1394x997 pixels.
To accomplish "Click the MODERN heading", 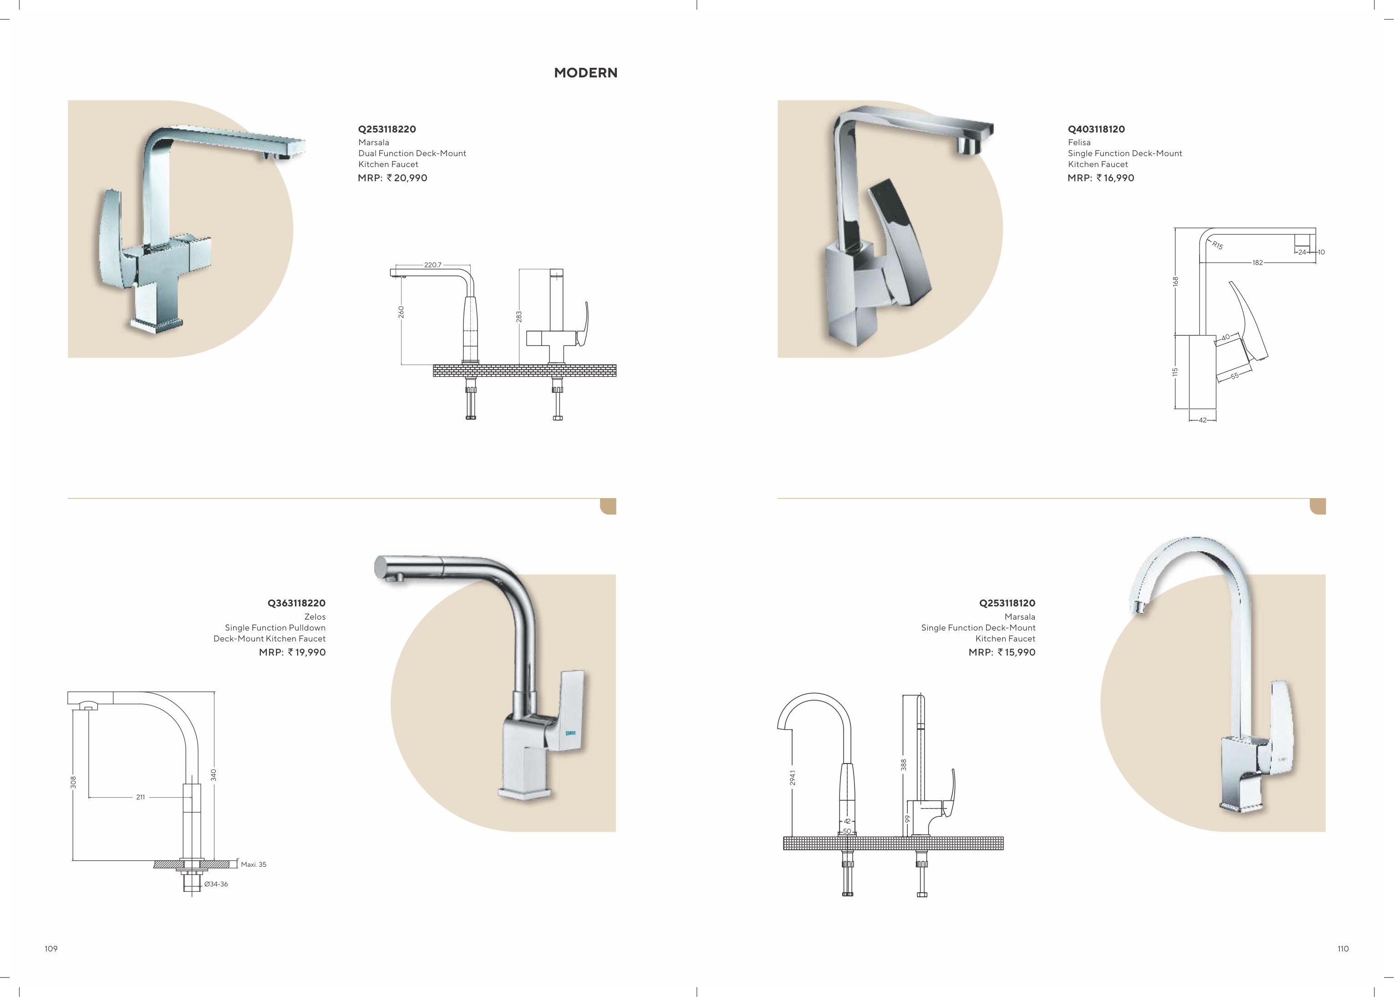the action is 585,73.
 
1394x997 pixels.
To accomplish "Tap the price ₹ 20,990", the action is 407,178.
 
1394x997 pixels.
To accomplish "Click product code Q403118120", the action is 1096,129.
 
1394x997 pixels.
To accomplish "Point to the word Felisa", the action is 1079,142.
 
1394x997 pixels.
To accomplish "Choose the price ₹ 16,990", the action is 1115,178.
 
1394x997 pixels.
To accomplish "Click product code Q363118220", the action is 296,603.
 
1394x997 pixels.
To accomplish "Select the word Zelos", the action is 315,616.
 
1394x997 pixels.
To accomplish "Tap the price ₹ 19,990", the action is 306,652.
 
